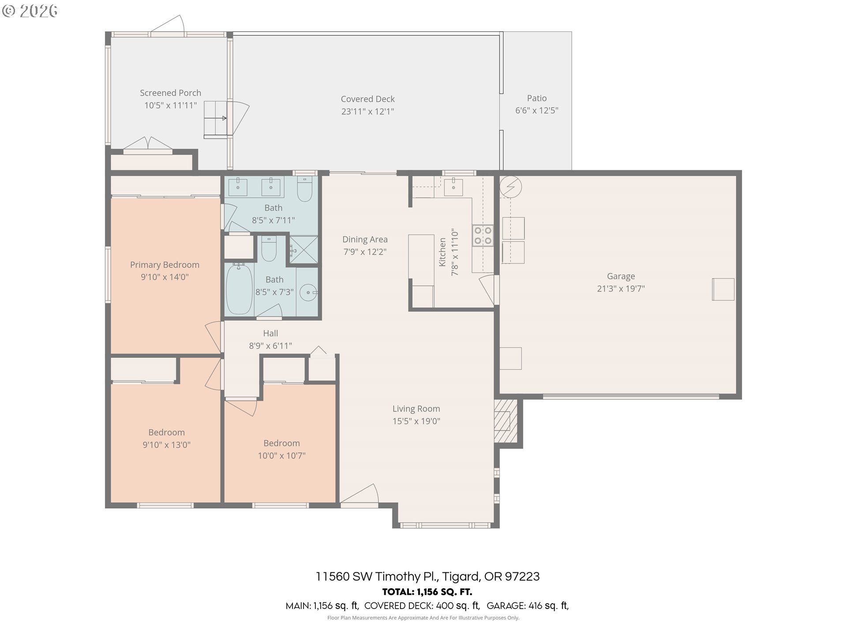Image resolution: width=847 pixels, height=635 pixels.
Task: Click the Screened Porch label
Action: pos(170,93)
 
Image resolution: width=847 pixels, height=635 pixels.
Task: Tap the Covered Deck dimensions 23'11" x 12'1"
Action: pos(367,112)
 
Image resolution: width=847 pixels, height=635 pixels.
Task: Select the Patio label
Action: pos(536,98)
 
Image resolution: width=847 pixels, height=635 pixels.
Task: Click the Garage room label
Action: pos(621,276)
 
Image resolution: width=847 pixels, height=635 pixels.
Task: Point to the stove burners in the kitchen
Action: pos(483,235)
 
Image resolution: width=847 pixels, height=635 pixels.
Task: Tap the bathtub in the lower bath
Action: pos(239,289)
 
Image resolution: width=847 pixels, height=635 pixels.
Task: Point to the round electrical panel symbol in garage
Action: pos(511,187)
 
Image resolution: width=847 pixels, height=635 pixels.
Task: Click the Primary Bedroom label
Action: pos(165,265)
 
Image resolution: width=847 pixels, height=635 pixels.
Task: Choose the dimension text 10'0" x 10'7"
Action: pos(281,456)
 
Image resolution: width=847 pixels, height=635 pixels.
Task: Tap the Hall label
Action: pos(270,333)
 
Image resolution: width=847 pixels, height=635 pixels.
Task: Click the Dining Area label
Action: pos(365,239)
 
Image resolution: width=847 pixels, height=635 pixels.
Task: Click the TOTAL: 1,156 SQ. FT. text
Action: pos(427,592)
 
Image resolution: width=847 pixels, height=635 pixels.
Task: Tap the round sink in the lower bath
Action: pos(308,292)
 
